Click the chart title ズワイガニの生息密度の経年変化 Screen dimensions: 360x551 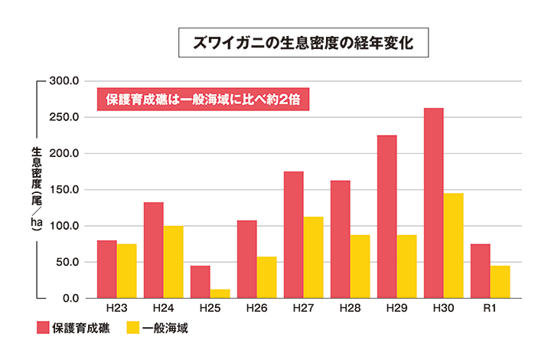pos(304,43)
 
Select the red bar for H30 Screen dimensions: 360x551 pos(433,203)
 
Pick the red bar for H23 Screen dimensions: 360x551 pos(106,269)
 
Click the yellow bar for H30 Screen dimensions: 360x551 pos(453,245)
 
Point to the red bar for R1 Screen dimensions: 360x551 pos(480,270)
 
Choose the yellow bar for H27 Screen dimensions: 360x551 pos(313,257)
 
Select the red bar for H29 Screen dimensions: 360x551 pos(386,217)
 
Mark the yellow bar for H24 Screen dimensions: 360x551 pos(173,262)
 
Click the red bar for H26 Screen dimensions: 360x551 pos(246,259)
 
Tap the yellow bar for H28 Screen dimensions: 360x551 pos(360,266)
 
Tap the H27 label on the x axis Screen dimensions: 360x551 pos(303,308)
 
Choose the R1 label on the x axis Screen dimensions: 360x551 pos(490,308)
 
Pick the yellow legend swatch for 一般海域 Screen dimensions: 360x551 pos(132,329)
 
